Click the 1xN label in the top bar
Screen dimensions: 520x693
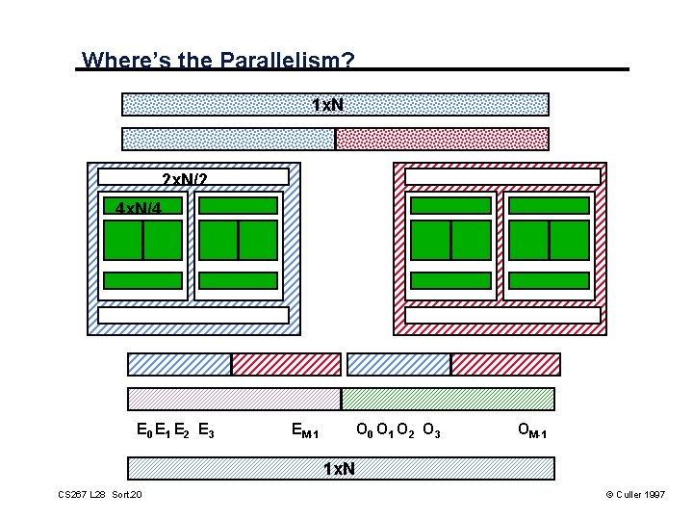(x=328, y=104)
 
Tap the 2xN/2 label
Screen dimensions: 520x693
(x=183, y=179)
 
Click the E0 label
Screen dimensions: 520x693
(x=143, y=430)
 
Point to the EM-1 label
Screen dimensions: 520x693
(x=305, y=430)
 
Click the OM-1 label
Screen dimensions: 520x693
(x=532, y=430)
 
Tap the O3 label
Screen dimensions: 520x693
(x=431, y=429)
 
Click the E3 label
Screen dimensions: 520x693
(x=205, y=430)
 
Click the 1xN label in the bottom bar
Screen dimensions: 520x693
(x=339, y=469)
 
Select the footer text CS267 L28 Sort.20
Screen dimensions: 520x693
(x=100, y=495)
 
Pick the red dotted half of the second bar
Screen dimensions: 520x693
(x=442, y=139)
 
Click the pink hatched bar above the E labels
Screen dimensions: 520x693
(x=234, y=399)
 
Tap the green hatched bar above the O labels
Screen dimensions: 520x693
(x=449, y=399)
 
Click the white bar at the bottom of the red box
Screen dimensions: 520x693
(x=502, y=315)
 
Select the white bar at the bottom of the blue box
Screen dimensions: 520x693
(x=193, y=315)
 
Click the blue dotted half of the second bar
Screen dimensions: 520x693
(x=228, y=139)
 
